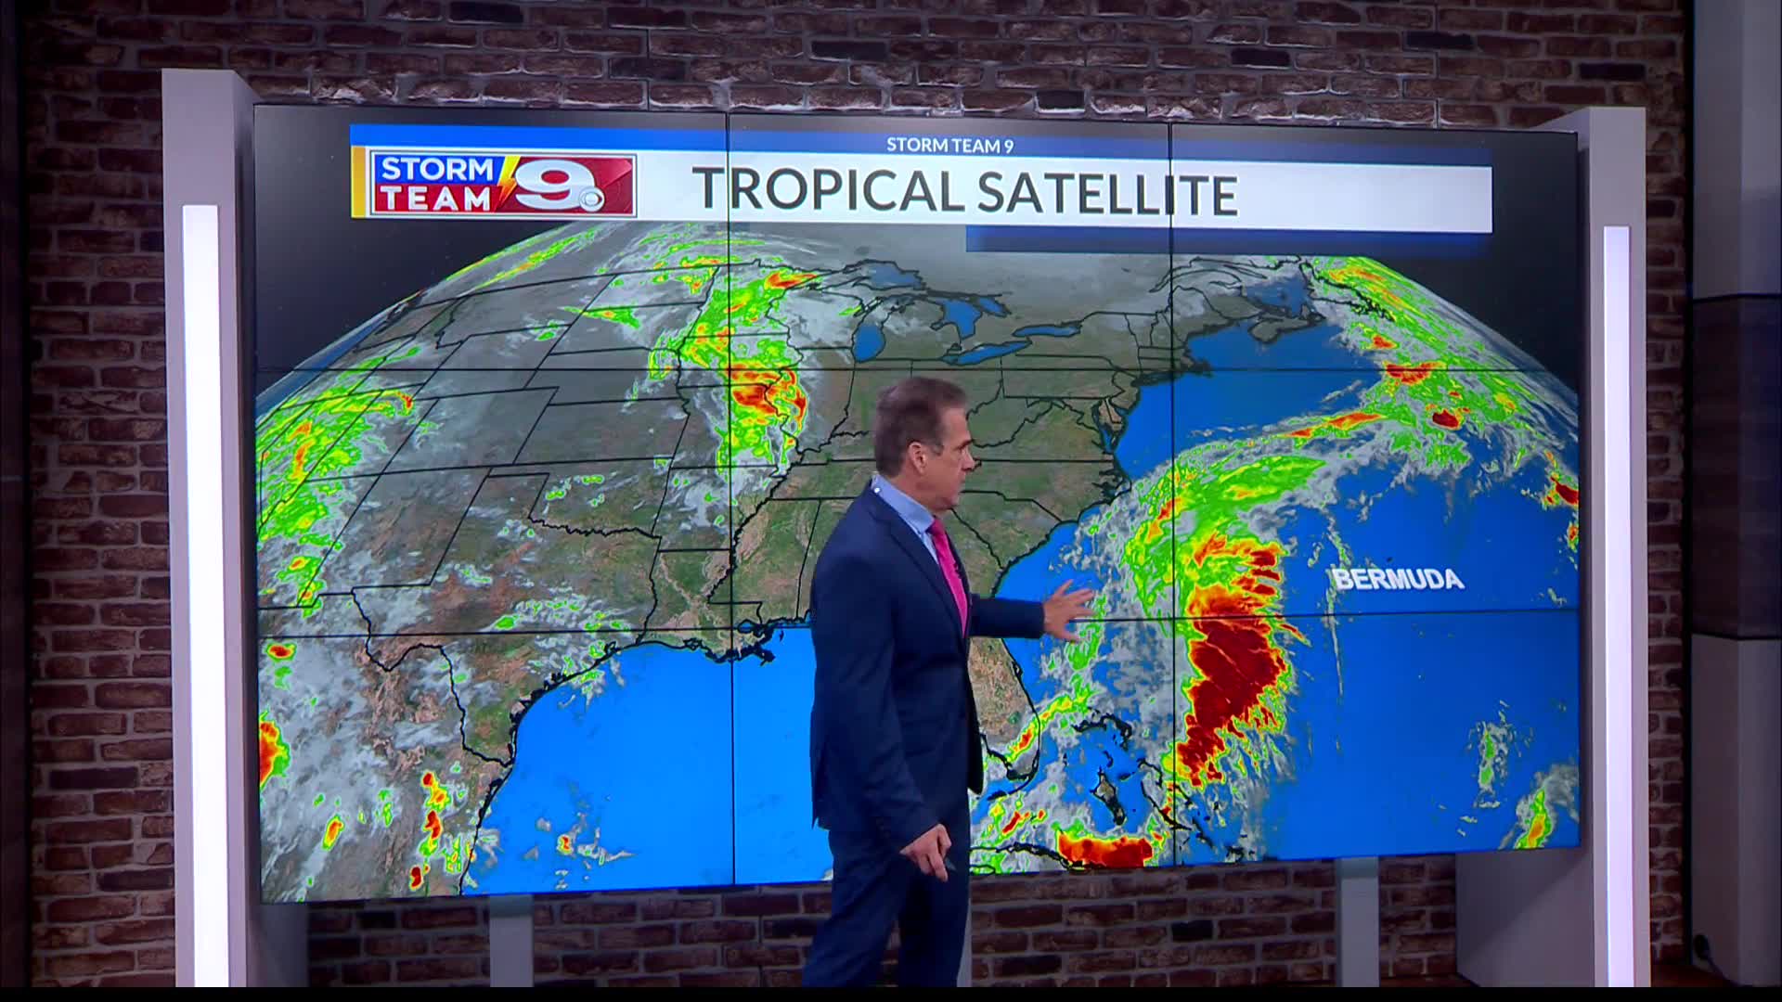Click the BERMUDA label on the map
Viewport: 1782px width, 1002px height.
point(1398,580)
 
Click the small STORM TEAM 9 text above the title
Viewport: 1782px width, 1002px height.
point(949,145)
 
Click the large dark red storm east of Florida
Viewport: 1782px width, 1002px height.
point(1234,668)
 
